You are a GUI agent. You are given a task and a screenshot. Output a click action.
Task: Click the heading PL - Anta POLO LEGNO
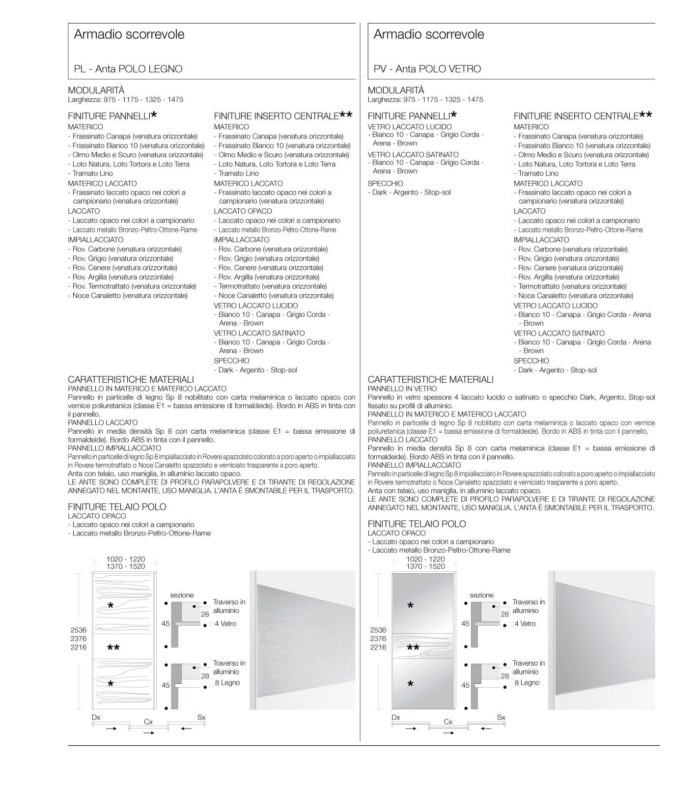(128, 69)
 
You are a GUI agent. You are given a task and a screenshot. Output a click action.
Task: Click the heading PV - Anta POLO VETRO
(427, 69)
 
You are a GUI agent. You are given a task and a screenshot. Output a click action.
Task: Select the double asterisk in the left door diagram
(113, 648)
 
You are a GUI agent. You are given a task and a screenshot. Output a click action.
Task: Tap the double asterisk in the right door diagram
(413, 648)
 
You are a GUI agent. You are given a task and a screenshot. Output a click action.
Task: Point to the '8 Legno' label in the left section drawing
(227, 683)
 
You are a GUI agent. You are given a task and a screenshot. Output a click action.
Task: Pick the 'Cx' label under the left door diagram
(148, 722)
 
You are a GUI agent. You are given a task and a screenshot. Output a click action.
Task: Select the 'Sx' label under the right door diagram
(501, 717)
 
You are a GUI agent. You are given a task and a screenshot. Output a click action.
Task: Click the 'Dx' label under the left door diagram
(96, 717)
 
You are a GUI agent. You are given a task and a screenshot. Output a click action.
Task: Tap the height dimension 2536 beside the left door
(78, 630)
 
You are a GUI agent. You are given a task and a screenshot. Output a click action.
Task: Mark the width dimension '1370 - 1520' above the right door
(425, 566)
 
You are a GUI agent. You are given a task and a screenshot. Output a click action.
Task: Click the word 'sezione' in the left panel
(182, 595)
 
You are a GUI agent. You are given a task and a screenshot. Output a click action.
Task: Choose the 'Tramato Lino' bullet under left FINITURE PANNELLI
(92, 173)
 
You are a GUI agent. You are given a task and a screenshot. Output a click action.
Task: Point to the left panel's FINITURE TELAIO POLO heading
(117, 507)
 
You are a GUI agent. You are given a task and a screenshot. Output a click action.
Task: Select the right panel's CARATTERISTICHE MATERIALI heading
(430, 380)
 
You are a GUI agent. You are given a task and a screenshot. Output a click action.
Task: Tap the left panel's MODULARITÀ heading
(96, 90)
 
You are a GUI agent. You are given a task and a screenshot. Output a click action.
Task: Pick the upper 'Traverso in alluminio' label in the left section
(229, 606)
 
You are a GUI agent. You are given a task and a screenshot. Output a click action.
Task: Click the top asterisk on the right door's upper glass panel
(411, 606)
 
